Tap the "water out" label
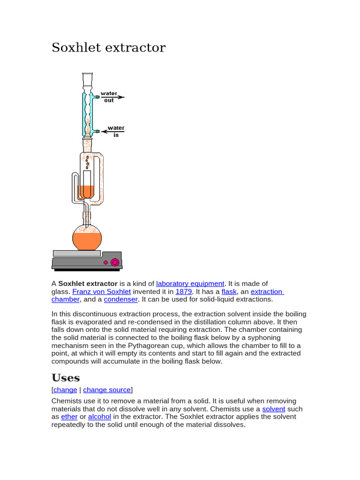pos(109,97)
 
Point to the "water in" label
pos(116,131)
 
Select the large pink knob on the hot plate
pos(114,262)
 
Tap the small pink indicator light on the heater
pos(105,262)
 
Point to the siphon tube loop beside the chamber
pos(75,187)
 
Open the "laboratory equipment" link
pos(190,284)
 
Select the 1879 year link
pos(184,292)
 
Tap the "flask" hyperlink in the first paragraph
pos(229,292)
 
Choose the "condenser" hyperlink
pos(120,300)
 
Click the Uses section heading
pos(66,378)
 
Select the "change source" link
pos(107,390)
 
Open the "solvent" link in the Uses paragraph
pos(274,409)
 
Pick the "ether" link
pos(69,417)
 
